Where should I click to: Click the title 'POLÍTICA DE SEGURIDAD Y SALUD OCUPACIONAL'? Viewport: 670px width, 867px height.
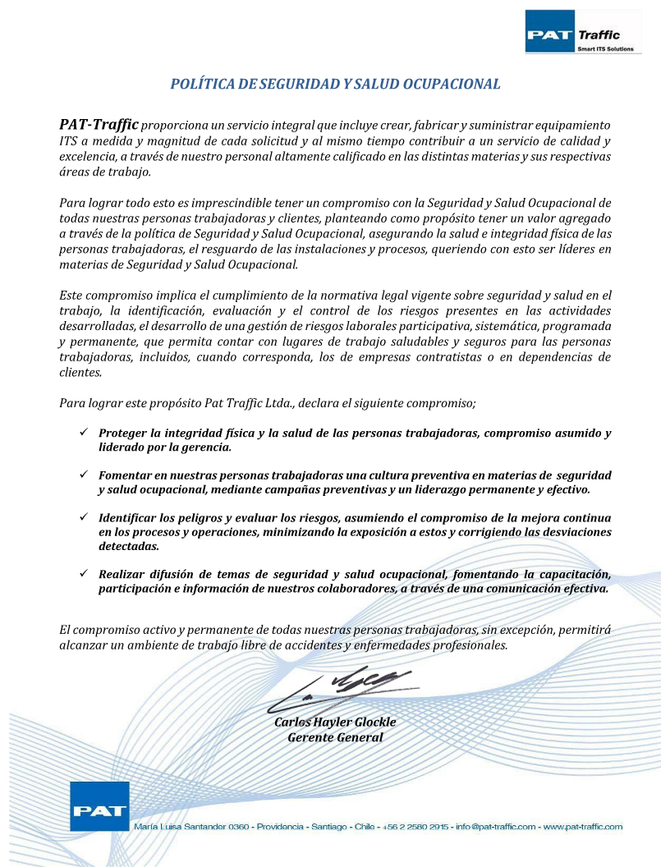(335, 84)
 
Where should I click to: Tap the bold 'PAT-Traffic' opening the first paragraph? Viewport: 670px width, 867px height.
(99, 125)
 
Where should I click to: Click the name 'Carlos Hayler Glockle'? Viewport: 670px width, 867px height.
(335, 722)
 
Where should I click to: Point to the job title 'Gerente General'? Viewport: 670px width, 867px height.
(335, 737)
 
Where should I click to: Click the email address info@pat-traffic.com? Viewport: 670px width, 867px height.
(495, 827)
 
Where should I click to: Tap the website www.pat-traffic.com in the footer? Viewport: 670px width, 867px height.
(583, 827)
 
